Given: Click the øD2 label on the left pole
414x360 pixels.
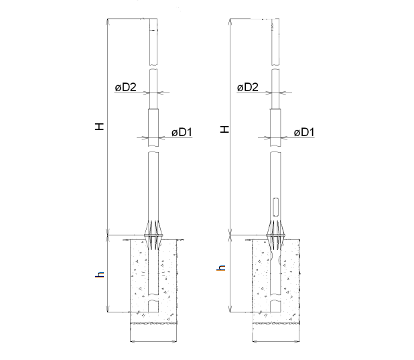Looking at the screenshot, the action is [x=126, y=88].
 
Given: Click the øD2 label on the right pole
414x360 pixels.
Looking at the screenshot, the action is [x=248, y=88].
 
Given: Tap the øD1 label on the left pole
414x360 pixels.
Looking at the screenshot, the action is [x=182, y=133].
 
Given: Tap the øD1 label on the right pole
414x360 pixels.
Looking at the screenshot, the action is [x=304, y=133].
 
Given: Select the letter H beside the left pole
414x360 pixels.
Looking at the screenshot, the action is [x=100, y=126].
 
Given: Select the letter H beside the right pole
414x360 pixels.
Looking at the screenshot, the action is [x=224, y=129].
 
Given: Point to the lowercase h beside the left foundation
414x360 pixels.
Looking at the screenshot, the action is [x=100, y=274].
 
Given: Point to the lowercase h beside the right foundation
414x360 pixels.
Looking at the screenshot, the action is [x=221, y=267].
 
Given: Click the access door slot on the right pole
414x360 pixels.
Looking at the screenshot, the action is [x=275, y=206].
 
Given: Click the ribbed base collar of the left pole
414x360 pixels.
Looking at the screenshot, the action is [x=153, y=235].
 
